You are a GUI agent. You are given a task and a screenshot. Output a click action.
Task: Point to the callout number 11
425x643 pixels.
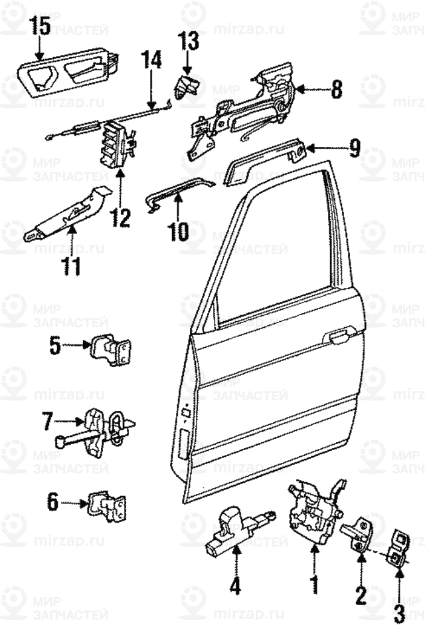pyautogui.click(x=71, y=266)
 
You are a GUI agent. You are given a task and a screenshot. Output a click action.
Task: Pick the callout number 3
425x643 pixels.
pyautogui.click(x=398, y=612)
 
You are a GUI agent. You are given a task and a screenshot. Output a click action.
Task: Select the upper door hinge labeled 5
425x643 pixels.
pyautogui.click(x=111, y=347)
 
